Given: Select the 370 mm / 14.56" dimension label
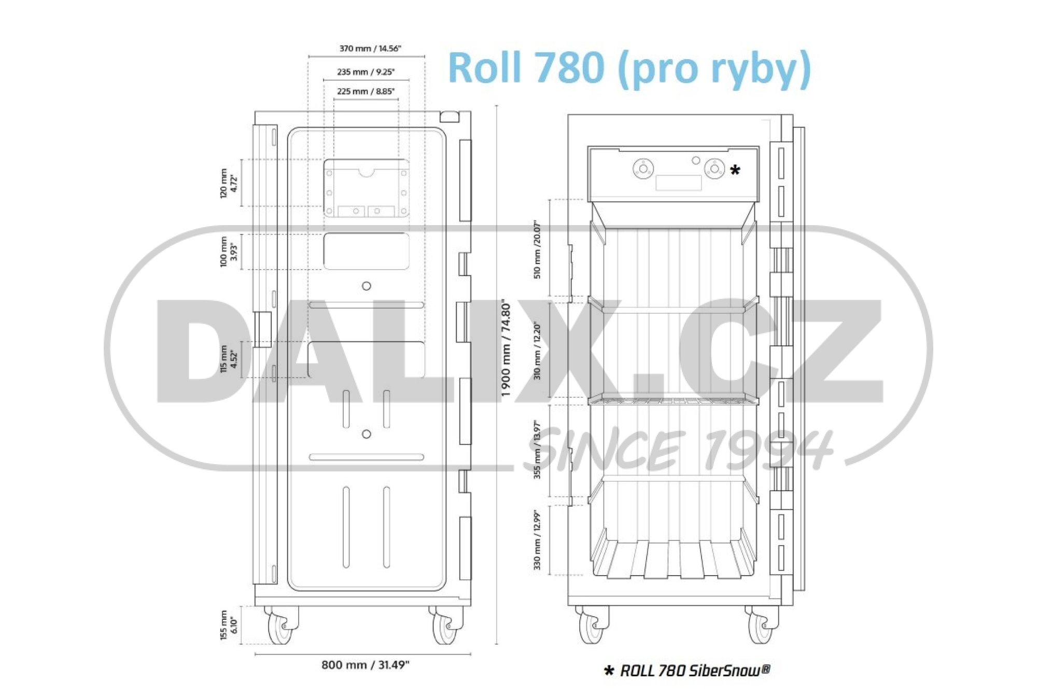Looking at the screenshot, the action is tap(370, 48).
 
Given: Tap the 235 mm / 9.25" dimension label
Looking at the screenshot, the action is tap(366, 72).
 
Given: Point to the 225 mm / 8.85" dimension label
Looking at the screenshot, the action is tap(366, 91).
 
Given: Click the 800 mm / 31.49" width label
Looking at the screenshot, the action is tap(366, 664).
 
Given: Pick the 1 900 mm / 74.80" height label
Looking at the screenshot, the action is tap(507, 348).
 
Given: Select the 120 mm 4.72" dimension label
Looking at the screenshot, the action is tap(228, 183).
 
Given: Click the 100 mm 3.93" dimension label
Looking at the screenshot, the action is tap(228, 252).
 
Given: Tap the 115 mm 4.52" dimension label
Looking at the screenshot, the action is tap(228, 358).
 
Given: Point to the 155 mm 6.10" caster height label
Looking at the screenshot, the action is tap(228, 625).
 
